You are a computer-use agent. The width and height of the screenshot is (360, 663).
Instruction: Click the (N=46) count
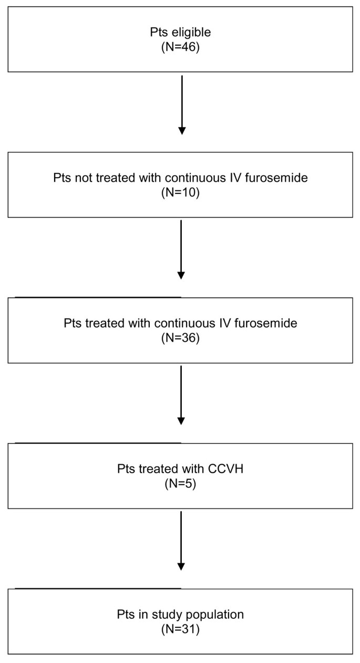pos(180,44)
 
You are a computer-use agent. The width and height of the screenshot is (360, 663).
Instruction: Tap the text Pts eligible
pos(180,32)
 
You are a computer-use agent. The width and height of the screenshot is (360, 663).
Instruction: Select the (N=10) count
pos(180,190)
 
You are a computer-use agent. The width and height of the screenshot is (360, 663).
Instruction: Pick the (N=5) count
pos(180,481)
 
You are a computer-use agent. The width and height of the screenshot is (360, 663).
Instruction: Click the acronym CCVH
pos(227,469)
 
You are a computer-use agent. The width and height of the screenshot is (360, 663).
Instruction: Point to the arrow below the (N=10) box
pos(181,249)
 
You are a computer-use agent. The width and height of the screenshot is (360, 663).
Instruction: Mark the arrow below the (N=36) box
pos(181,395)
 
